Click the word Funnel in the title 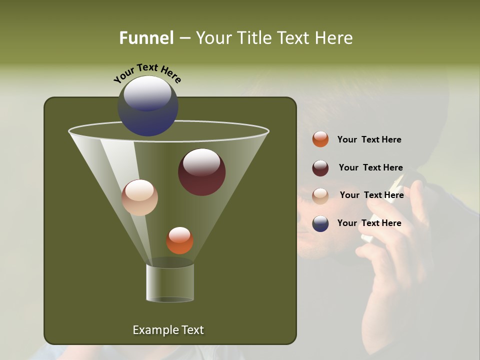146,38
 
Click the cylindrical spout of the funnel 170,282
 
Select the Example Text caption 168,330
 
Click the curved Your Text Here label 147,73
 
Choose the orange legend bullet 320,139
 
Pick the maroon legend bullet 320,168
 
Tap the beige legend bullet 320,195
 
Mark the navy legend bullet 320,223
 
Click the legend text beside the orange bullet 369,140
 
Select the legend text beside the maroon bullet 370,168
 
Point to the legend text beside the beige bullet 371,195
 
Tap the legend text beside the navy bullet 369,223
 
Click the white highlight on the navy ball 147,94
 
